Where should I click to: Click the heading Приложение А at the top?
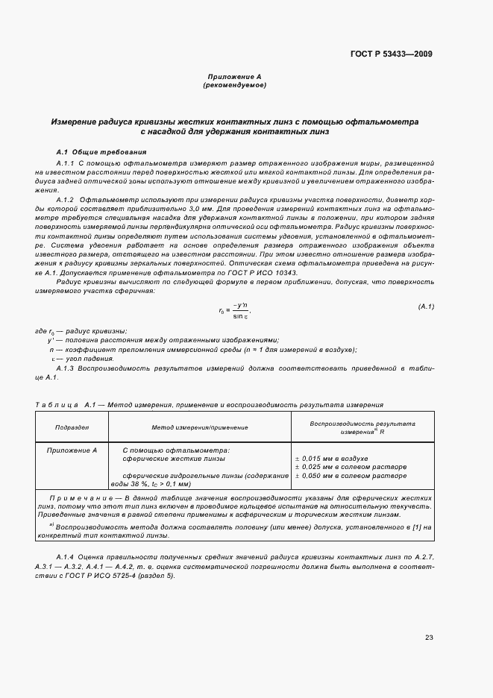pos(234,77)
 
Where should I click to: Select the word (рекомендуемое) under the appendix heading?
pos(234,85)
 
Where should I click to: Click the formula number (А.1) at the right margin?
pos(425,306)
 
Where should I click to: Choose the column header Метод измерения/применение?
pos(200,427)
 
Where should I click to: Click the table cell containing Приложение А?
pos(72,450)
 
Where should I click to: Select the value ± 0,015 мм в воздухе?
pos(331,459)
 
